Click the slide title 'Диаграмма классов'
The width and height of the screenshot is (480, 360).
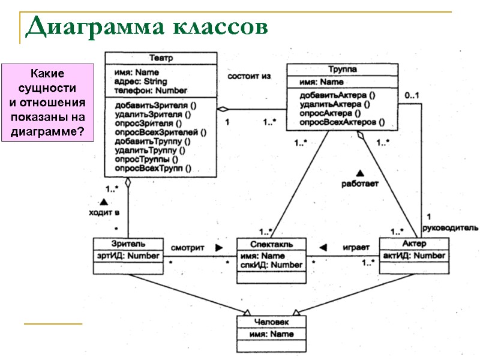pyautogui.click(x=146, y=27)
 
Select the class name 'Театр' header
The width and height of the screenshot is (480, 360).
pyautogui.click(x=160, y=58)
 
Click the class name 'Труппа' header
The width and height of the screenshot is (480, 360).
pyautogui.click(x=342, y=70)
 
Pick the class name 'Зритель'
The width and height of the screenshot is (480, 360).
pyautogui.click(x=128, y=244)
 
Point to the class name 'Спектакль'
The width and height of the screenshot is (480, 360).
pyautogui.click(x=271, y=245)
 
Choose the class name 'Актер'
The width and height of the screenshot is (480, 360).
pyautogui.click(x=413, y=244)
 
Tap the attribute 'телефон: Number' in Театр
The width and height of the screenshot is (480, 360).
pyautogui.click(x=151, y=90)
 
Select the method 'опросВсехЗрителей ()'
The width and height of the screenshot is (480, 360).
pyautogui.click(x=160, y=133)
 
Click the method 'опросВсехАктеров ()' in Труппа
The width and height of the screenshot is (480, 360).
pyautogui.click(x=341, y=122)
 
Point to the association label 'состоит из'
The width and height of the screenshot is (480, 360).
pyautogui.click(x=249, y=76)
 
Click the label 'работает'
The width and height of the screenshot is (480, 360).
pyautogui.click(x=360, y=184)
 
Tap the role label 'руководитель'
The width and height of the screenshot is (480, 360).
pyautogui.click(x=451, y=227)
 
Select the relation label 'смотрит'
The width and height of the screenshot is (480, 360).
pyautogui.click(x=188, y=247)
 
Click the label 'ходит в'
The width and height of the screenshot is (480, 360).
pyautogui.click(x=104, y=212)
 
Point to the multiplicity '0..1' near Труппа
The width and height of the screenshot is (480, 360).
pyautogui.click(x=412, y=95)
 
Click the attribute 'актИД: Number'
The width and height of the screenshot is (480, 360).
pyautogui.click(x=414, y=256)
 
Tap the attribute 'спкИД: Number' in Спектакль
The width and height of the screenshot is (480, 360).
pyautogui.click(x=271, y=265)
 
